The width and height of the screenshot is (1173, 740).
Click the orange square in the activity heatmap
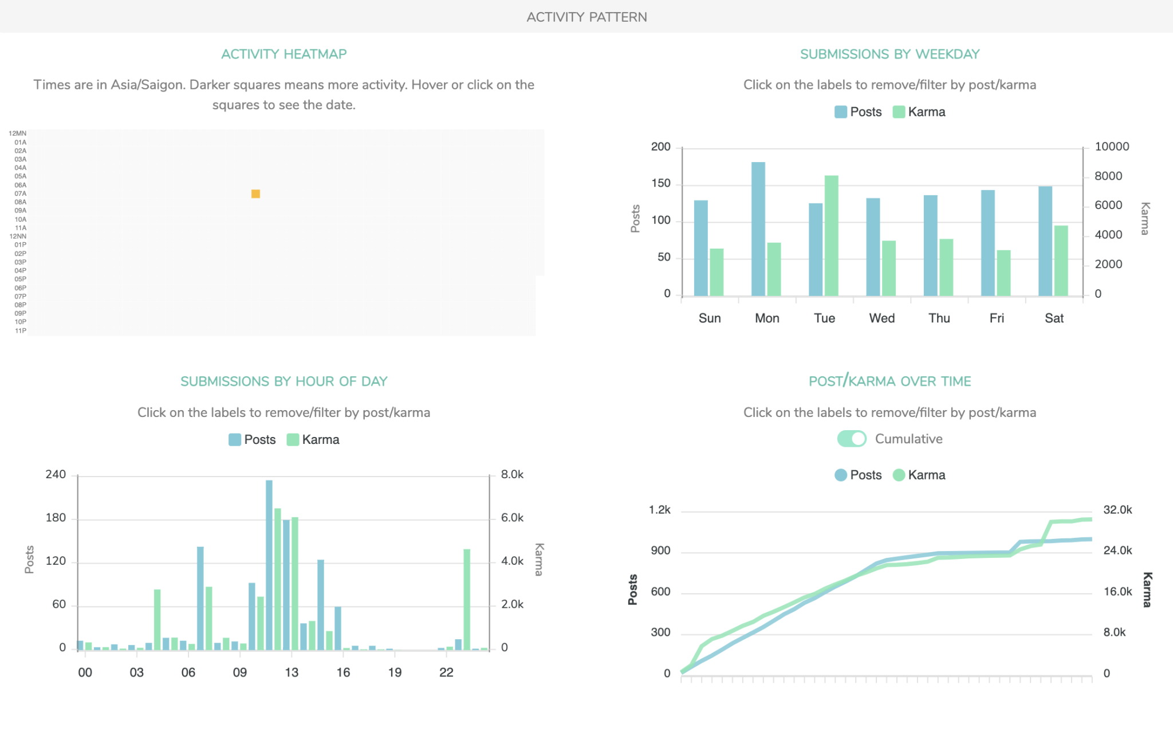tap(255, 194)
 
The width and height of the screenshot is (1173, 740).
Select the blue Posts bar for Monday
tap(758, 229)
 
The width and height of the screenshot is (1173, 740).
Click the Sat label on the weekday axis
tap(1054, 318)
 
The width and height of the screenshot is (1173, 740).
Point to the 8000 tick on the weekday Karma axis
tap(1108, 176)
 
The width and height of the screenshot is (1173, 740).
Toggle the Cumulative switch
tap(852, 439)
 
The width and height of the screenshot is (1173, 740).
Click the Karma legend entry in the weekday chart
tap(919, 112)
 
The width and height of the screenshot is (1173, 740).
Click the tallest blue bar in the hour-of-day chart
tap(269, 564)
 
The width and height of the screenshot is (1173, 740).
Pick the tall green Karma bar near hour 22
tap(467, 599)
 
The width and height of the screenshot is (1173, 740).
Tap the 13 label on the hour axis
tap(292, 672)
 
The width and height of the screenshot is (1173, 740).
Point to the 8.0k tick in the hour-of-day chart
tap(512, 474)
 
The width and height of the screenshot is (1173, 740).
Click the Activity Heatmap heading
tap(284, 54)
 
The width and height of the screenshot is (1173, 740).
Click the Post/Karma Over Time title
tap(889, 381)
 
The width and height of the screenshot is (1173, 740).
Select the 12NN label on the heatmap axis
tap(18, 236)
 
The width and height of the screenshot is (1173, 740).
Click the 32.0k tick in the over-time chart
tap(1117, 510)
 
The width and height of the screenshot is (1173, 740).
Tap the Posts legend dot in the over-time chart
tap(841, 475)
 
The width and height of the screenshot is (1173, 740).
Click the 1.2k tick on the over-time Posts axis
tap(659, 510)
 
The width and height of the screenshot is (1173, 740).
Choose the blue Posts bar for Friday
tap(987, 243)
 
